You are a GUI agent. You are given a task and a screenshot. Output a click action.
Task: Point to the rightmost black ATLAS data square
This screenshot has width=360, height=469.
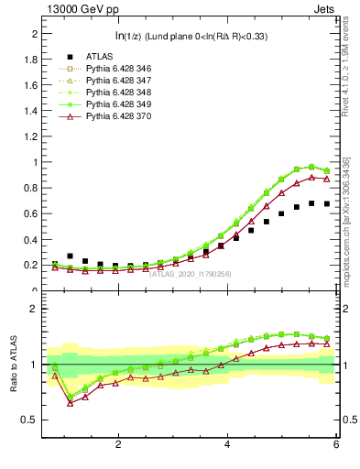[327, 204]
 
